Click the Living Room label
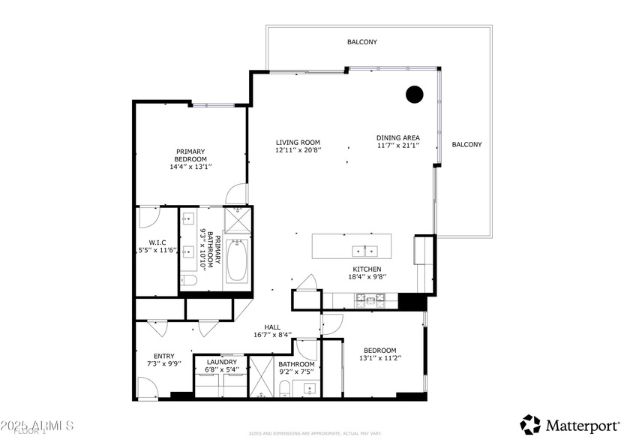point(298,142)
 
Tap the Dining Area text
point(397,137)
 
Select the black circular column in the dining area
point(414,94)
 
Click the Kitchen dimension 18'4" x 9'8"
point(367,278)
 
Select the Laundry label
point(221,362)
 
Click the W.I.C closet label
point(157,243)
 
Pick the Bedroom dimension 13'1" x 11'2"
point(380,359)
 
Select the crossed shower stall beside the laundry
point(262,375)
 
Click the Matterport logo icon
point(530,425)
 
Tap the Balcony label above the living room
point(361,42)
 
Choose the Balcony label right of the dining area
point(466,144)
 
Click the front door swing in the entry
point(147,387)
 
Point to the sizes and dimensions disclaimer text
point(315,433)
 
